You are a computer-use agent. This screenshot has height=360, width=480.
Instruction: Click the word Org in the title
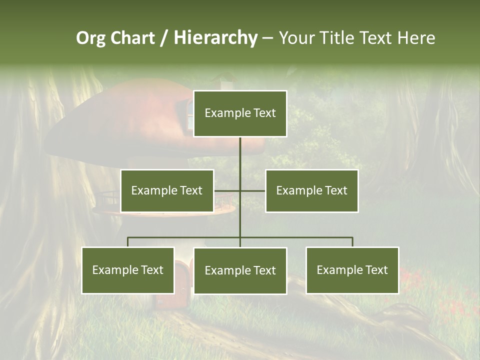point(90,38)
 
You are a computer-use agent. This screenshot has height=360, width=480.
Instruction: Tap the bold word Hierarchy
point(215,38)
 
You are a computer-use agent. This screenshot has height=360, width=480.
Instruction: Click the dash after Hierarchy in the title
point(267,38)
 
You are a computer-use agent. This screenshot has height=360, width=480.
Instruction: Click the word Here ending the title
point(416,38)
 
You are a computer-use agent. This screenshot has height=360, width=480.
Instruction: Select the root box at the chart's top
point(240,113)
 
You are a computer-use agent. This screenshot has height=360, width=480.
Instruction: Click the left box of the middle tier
point(167,190)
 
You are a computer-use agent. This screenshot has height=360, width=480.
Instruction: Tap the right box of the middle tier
point(311,190)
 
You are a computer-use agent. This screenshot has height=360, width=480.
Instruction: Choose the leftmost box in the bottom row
point(128,270)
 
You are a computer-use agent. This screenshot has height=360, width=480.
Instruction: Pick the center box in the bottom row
point(240,270)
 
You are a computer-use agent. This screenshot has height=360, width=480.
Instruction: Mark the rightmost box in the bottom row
point(352,270)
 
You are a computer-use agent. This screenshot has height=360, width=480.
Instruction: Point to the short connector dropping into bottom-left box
point(128,242)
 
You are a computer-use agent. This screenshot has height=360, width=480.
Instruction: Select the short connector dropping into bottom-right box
point(352,242)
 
